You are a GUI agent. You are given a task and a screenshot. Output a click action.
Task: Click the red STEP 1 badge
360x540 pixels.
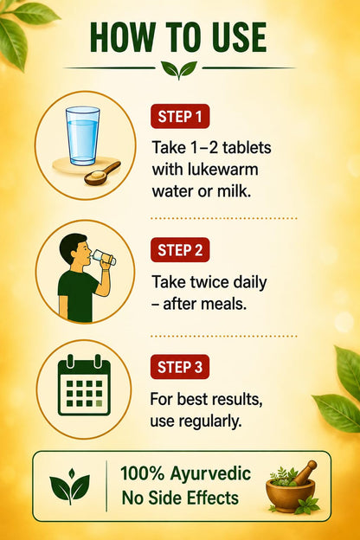(x=180, y=117)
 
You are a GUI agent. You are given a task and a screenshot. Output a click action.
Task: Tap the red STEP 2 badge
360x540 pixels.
(x=180, y=250)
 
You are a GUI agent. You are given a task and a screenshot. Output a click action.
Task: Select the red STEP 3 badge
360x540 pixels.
(x=180, y=367)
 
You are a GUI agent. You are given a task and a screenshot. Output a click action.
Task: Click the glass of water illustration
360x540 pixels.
(x=83, y=135)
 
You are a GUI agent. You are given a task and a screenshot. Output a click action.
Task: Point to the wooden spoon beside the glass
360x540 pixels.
(x=102, y=173)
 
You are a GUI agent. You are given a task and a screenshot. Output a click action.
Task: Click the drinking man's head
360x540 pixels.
(x=74, y=249)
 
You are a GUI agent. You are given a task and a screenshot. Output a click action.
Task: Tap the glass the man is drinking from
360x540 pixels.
(x=103, y=258)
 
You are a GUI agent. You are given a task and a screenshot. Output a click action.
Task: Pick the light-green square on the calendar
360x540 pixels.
(x=100, y=403)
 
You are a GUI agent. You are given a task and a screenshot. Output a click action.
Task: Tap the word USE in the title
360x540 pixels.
(x=235, y=37)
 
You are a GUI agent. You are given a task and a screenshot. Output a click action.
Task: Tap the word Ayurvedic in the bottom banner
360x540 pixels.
(x=210, y=473)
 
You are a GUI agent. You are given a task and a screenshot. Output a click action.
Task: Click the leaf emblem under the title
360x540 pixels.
(x=179, y=70)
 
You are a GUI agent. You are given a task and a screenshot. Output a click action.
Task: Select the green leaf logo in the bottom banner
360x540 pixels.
(x=70, y=486)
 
